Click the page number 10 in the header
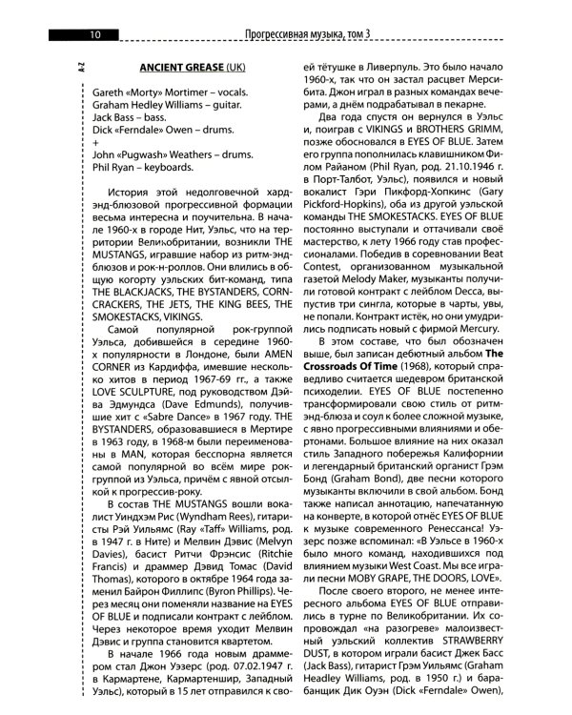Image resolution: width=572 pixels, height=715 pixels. click(95, 36)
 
